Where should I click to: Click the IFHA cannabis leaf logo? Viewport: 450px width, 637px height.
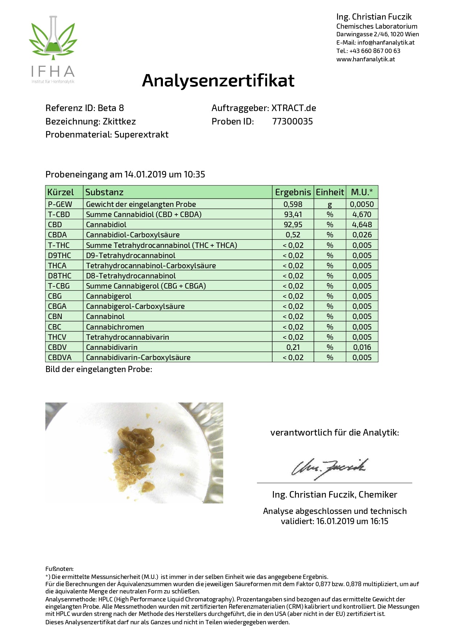click(53, 40)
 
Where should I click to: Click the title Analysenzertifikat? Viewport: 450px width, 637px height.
click(218, 80)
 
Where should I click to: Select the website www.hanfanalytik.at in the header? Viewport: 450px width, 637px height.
click(365, 59)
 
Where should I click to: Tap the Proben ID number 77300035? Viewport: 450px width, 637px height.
click(292, 122)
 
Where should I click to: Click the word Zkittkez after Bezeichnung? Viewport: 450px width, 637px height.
click(119, 122)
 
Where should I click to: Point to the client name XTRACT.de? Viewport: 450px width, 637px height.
click(294, 108)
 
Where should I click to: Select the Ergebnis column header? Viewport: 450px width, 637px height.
click(293, 192)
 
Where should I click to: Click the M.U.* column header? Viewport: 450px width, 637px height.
click(362, 192)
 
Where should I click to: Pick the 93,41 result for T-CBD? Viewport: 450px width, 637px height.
click(293, 215)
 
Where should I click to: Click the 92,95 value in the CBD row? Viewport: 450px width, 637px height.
click(293, 225)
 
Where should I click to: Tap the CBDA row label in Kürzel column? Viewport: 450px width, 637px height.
click(57, 235)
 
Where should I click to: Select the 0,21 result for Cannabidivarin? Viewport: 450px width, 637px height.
click(293, 347)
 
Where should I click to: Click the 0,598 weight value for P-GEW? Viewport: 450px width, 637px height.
click(293, 204)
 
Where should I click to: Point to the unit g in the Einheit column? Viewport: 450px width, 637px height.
click(330, 205)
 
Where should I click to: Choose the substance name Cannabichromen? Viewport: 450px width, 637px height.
click(115, 327)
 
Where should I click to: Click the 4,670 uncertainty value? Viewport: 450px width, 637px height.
click(362, 215)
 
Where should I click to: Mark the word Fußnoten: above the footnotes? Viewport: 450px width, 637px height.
click(60, 569)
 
